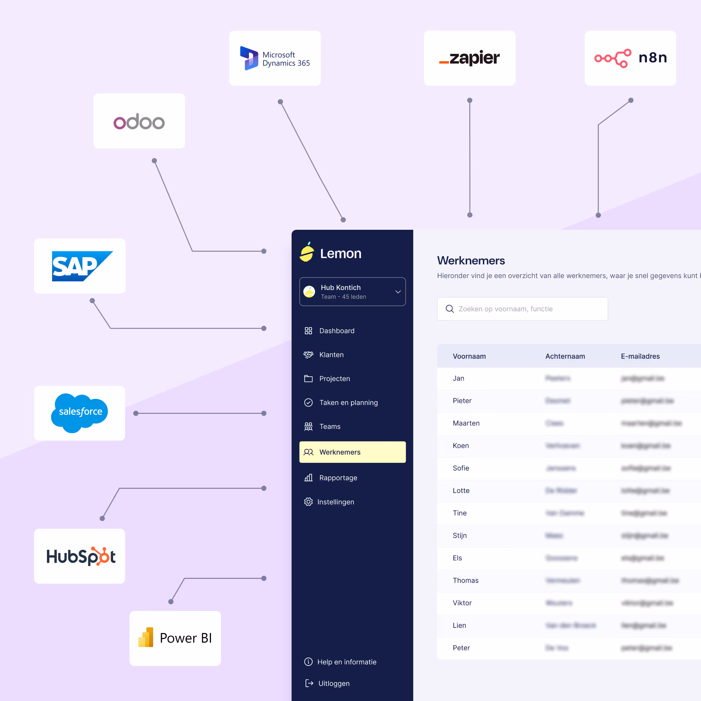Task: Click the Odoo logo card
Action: point(139,121)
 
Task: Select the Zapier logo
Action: point(470,58)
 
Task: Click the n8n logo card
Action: point(630,58)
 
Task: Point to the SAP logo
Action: point(80,266)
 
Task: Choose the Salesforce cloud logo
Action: point(80,413)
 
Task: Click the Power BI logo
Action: point(175,638)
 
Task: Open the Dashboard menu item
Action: point(336,331)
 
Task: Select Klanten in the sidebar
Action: point(331,354)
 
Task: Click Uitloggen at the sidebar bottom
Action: point(333,683)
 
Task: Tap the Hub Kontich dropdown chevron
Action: point(398,292)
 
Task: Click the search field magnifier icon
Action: point(450,309)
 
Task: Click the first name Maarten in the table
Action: point(466,423)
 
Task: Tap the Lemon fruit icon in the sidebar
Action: point(307,252)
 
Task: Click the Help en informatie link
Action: point(347,662)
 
